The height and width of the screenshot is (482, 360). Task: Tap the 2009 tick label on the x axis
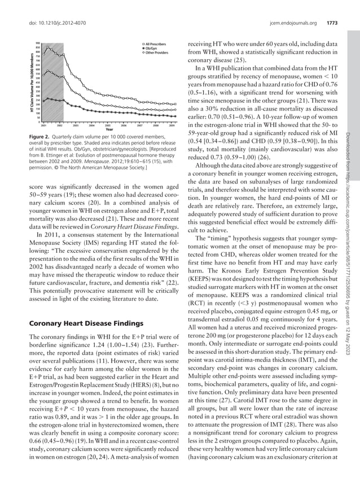164,124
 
